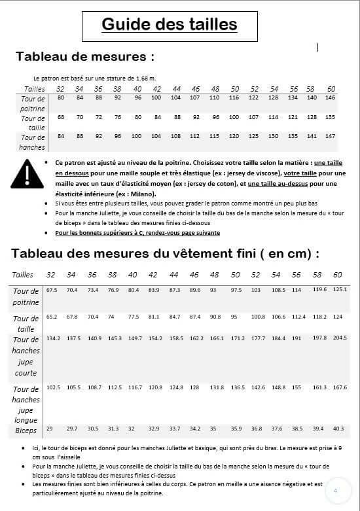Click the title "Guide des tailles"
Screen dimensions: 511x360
pyautogui.click(x=169, y=25)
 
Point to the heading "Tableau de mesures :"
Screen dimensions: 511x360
pyautogui.click(x=85, y=56)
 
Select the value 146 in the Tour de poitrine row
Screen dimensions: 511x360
pyautogui.click(x=330, y=97)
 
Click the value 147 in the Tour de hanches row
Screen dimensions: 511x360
pyautogui.click(x=330, y=136)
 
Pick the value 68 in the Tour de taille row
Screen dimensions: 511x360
pyautogui.click(x=61, y=117)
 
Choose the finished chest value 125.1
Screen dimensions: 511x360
pyautogui.click(x=340, y=289)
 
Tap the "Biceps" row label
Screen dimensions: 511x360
pyautogui.click(x=26, y=431)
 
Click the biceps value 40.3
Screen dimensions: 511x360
pyautogui.click(x=338, y=429)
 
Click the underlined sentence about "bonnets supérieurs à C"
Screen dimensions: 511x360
pyautogui.click(x=137, y=233)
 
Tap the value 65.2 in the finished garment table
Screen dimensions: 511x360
pyautogui.click(x=52, y=317)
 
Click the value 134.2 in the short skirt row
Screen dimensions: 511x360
pyautogui.click(x=53, y=338)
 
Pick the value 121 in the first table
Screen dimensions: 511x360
pyautogui.click(x=293, y=117)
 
